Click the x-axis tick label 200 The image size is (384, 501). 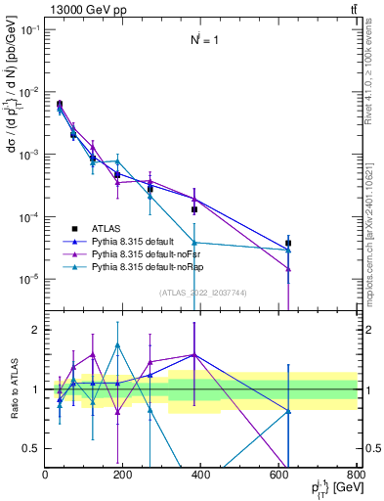[200, 475]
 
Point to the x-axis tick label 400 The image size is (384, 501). [278, 475]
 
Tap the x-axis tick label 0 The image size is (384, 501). [46, 475]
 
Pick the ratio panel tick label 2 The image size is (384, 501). [37, 331]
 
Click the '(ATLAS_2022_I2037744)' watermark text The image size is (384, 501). [200, 293]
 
